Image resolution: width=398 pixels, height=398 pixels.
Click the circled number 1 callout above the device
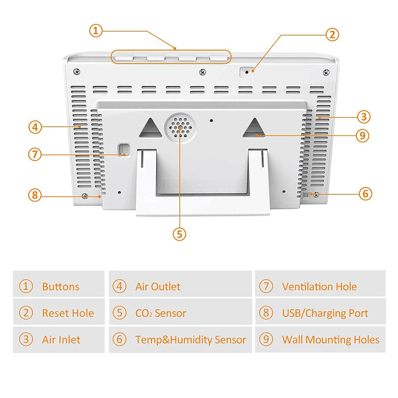(x=96, y=30)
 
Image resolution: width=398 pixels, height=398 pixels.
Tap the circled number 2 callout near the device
(x=333, y=34)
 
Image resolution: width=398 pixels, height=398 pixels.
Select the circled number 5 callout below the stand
(x=180, y=233)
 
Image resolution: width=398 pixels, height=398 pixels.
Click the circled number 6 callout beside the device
(x=366, y=194)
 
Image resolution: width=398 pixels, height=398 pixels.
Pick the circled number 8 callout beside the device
(x=35, y=195)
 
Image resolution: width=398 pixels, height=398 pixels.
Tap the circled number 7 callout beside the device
(x=35, y=154)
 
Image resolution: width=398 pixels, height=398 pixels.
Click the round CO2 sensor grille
(x=180, y=128)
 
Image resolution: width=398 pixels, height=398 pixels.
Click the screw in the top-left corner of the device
(x=76, y=72)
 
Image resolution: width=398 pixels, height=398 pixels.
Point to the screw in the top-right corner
(x=325, y=72)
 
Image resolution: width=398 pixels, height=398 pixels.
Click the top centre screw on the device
(x=202, y=72)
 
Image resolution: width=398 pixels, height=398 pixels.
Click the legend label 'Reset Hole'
(x=68, y=313)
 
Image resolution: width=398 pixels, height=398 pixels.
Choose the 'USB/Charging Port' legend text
(x=325, y=313)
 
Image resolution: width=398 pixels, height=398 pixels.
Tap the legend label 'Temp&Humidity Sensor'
(x=190, y=340)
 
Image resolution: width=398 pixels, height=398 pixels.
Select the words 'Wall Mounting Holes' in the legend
(x=330, y=340)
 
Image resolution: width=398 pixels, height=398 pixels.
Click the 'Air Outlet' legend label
(x=157, y=287)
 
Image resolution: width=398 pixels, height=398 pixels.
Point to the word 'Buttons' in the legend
(x=61, y=287)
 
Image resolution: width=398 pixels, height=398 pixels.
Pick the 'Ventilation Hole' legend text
(x=319, y=287)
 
